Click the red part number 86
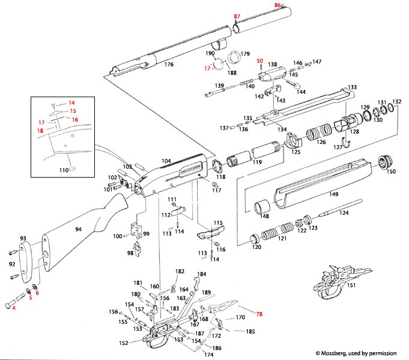click(x=277, y=5)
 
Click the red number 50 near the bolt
click(x=261, y=61)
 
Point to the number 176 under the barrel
click(x=169, y=64)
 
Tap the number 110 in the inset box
click(x=64, y=170)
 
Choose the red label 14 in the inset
click(x=71, y=103)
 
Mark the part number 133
click(x=353, y=87)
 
